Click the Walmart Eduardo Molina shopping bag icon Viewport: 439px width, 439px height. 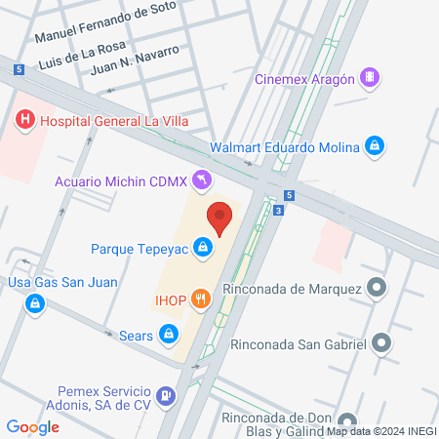pos(374,147)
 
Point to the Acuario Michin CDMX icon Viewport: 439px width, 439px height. pos(201,180)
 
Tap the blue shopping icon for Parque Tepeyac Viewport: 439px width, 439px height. pos(202,248)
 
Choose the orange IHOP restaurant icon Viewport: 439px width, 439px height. pos(201,299)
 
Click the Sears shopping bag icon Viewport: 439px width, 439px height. pos(170,336)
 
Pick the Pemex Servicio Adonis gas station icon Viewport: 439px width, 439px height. pos(168,396)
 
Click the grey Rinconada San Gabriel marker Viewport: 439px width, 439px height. pos(381,343)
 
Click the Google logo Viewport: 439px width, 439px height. pos(32,426)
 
